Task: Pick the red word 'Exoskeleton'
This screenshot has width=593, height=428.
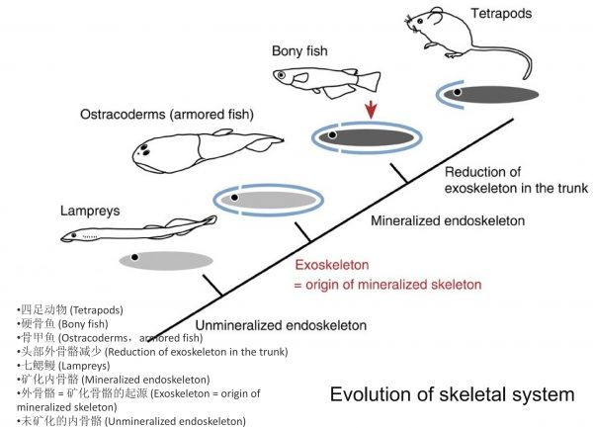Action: click(336, 265)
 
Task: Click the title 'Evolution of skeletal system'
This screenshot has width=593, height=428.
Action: click(452, 394)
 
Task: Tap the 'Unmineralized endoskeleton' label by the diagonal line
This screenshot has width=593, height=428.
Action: click(280, 325)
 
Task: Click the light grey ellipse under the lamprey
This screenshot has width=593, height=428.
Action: click(165, 260)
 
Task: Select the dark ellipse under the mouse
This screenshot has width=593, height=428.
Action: click(487, 94)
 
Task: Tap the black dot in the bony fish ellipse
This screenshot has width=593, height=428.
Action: click(333, 133)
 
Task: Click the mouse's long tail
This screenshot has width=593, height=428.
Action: click(525, 67)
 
